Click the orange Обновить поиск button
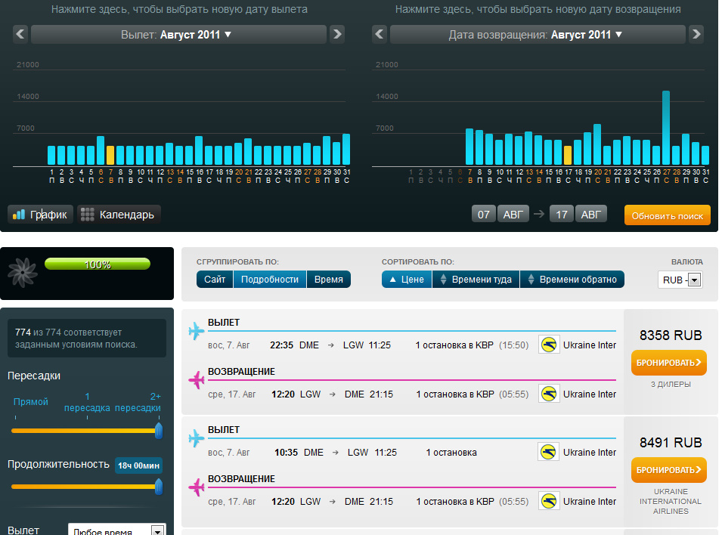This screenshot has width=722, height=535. tap(668, 215)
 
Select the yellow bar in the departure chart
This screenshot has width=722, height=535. tap(110, 155)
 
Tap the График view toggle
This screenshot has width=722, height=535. tap(41, 215)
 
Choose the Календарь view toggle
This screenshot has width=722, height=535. tap(119, 215)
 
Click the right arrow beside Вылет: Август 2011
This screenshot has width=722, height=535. tap(337, 34)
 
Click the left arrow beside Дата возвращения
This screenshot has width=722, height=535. tap(380, 34)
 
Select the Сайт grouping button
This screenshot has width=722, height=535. tap(215, 280)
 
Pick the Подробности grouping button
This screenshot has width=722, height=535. tap(269, 280)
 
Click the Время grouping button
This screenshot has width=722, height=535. tap(329, 280)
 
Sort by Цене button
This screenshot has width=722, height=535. tap(407, 280)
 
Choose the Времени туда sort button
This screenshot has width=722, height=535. tap(476, 280)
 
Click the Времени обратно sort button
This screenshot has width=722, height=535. tap(572, 280)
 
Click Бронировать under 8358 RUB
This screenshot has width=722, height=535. tap(669, 363)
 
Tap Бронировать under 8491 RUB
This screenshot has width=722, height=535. tap(669, 470)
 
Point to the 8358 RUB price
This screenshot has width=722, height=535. tap(671, 336)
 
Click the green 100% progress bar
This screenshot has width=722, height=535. tap(98, 264)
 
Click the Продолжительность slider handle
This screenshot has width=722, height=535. tap(159, 487)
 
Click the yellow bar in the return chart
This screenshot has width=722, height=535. tap(568, 155)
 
